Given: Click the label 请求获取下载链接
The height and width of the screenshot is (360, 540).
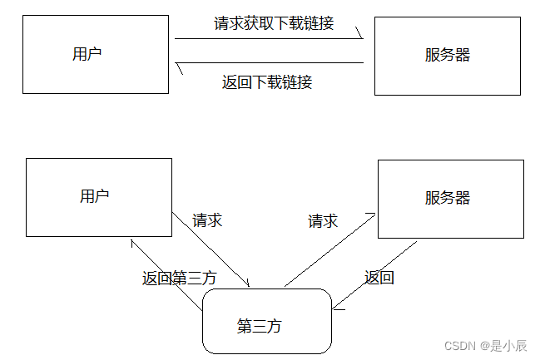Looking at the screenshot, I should [274, 23].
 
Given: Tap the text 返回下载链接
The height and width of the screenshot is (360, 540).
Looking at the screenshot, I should [267, 82].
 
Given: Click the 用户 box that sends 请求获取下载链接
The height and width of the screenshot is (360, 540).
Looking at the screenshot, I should [95, 55].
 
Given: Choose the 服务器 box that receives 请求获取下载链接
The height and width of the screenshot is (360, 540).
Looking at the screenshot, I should [447, 56].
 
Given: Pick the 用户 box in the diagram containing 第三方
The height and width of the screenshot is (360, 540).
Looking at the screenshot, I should [98, 196].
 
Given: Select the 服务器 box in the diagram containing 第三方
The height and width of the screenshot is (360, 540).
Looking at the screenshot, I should [450, 198].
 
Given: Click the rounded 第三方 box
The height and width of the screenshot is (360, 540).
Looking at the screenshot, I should [266, 322].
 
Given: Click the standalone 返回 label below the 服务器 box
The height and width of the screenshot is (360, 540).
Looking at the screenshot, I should [379, 278].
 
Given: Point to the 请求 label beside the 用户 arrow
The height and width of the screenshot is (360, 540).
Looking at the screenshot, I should [207, 221].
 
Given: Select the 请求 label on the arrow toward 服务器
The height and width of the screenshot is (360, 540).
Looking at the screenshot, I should [323, 221].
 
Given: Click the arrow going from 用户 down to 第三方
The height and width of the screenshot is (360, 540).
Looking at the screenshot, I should [212, 249].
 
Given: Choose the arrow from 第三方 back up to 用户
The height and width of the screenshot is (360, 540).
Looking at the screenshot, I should [166, 275].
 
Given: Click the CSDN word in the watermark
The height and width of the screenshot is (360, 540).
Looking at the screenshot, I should [458, 345].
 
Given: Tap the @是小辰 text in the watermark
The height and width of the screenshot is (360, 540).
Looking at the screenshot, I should [502, 345].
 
